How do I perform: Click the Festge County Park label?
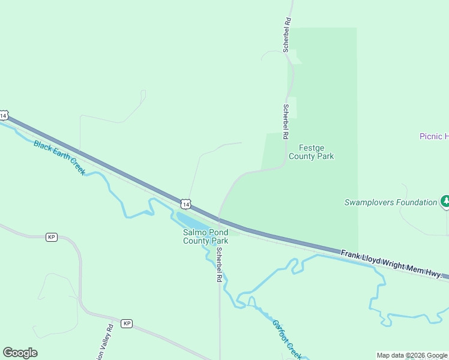pyautogui.click(x=311, y=152)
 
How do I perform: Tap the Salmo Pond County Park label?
pyautogui.click(x=205, y=236)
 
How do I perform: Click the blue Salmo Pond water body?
pyautogui.click(x=191, y=221)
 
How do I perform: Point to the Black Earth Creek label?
pyautogui.click(x=59, y=157)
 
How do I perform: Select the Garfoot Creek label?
pyautogui.click(x=286, y=339)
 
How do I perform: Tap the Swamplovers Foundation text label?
pyautogui.click(x=390, y=202)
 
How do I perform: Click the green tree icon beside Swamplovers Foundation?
pyautogui.click(x=445, y=202)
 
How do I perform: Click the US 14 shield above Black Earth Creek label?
pyautogui.click(x=4, y=115)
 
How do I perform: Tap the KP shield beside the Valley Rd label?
pyautogui.click(x=126, y=323)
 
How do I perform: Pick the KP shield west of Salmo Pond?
pyautogui.click(x=51, y=237)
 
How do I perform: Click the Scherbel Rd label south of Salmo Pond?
pyautogui.click(x=220, y=265)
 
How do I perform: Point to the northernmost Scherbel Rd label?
pyautogui.click(x=288, y=35)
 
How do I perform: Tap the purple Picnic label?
pyautogui.click(x=433, y=136)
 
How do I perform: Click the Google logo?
pyautogui.click(x=20, y=353)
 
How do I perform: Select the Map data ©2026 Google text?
pyautogui.click(x=411, y=355)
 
